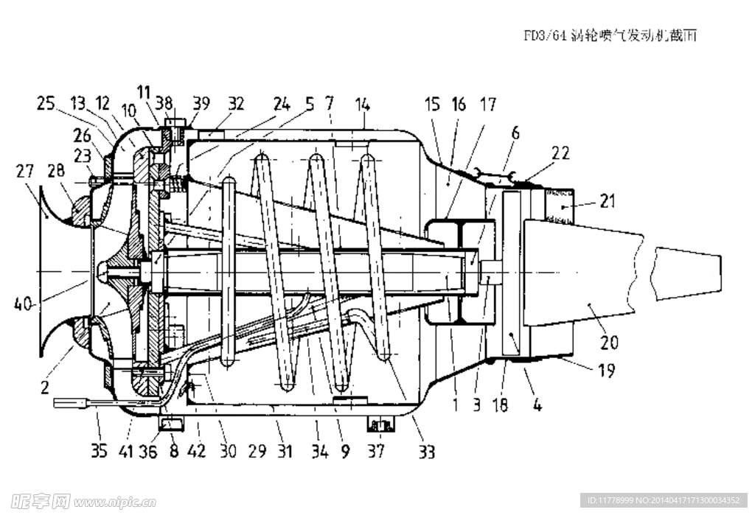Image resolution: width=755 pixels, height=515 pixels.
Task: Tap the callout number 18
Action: [x=500, y=405]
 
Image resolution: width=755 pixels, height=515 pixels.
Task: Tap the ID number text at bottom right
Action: [x=664, y=500]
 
